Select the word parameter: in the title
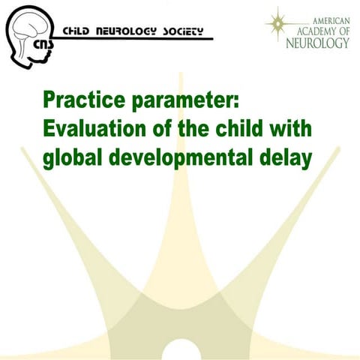184,102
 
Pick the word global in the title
73,158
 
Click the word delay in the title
286,158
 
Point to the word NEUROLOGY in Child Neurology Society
130,31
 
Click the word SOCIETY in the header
183,31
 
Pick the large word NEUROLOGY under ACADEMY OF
317,43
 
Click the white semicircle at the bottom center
187,352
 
